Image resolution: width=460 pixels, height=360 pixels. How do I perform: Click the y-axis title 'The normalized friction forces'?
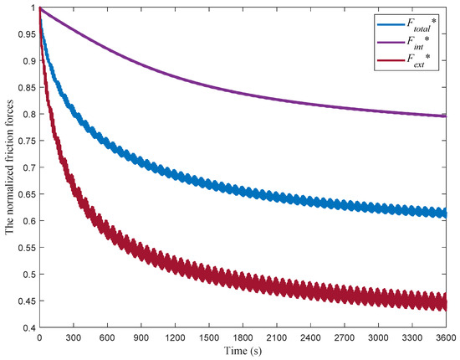point(12,167)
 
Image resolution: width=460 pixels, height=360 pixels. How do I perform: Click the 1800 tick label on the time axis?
point(245,337)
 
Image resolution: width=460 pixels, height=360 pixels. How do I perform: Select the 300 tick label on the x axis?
point(74,337)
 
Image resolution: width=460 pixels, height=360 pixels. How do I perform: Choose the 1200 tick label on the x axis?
point(176,337)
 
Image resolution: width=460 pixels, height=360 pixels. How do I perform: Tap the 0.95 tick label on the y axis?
point(26,34)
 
